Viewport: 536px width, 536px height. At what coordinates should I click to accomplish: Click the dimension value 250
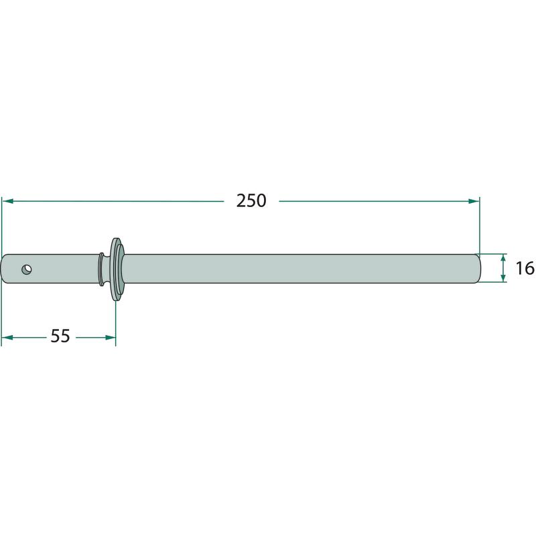click(251, 200)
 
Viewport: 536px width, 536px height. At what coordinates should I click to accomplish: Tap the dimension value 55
click(60, 336)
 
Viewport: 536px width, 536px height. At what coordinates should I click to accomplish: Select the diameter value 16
click(525, 269)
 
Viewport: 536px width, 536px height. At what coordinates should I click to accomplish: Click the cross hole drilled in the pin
click(27, 269)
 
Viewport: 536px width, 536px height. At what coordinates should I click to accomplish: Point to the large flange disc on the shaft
click(117, 269)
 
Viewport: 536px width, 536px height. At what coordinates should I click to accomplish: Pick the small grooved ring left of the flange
click(101, 269)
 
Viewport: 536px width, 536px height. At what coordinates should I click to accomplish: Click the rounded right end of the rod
click(478, 269)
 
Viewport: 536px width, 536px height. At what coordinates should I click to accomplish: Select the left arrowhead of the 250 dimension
click(8, 201)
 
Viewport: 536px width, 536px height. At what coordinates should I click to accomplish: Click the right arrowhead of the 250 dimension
click(474, 201)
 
